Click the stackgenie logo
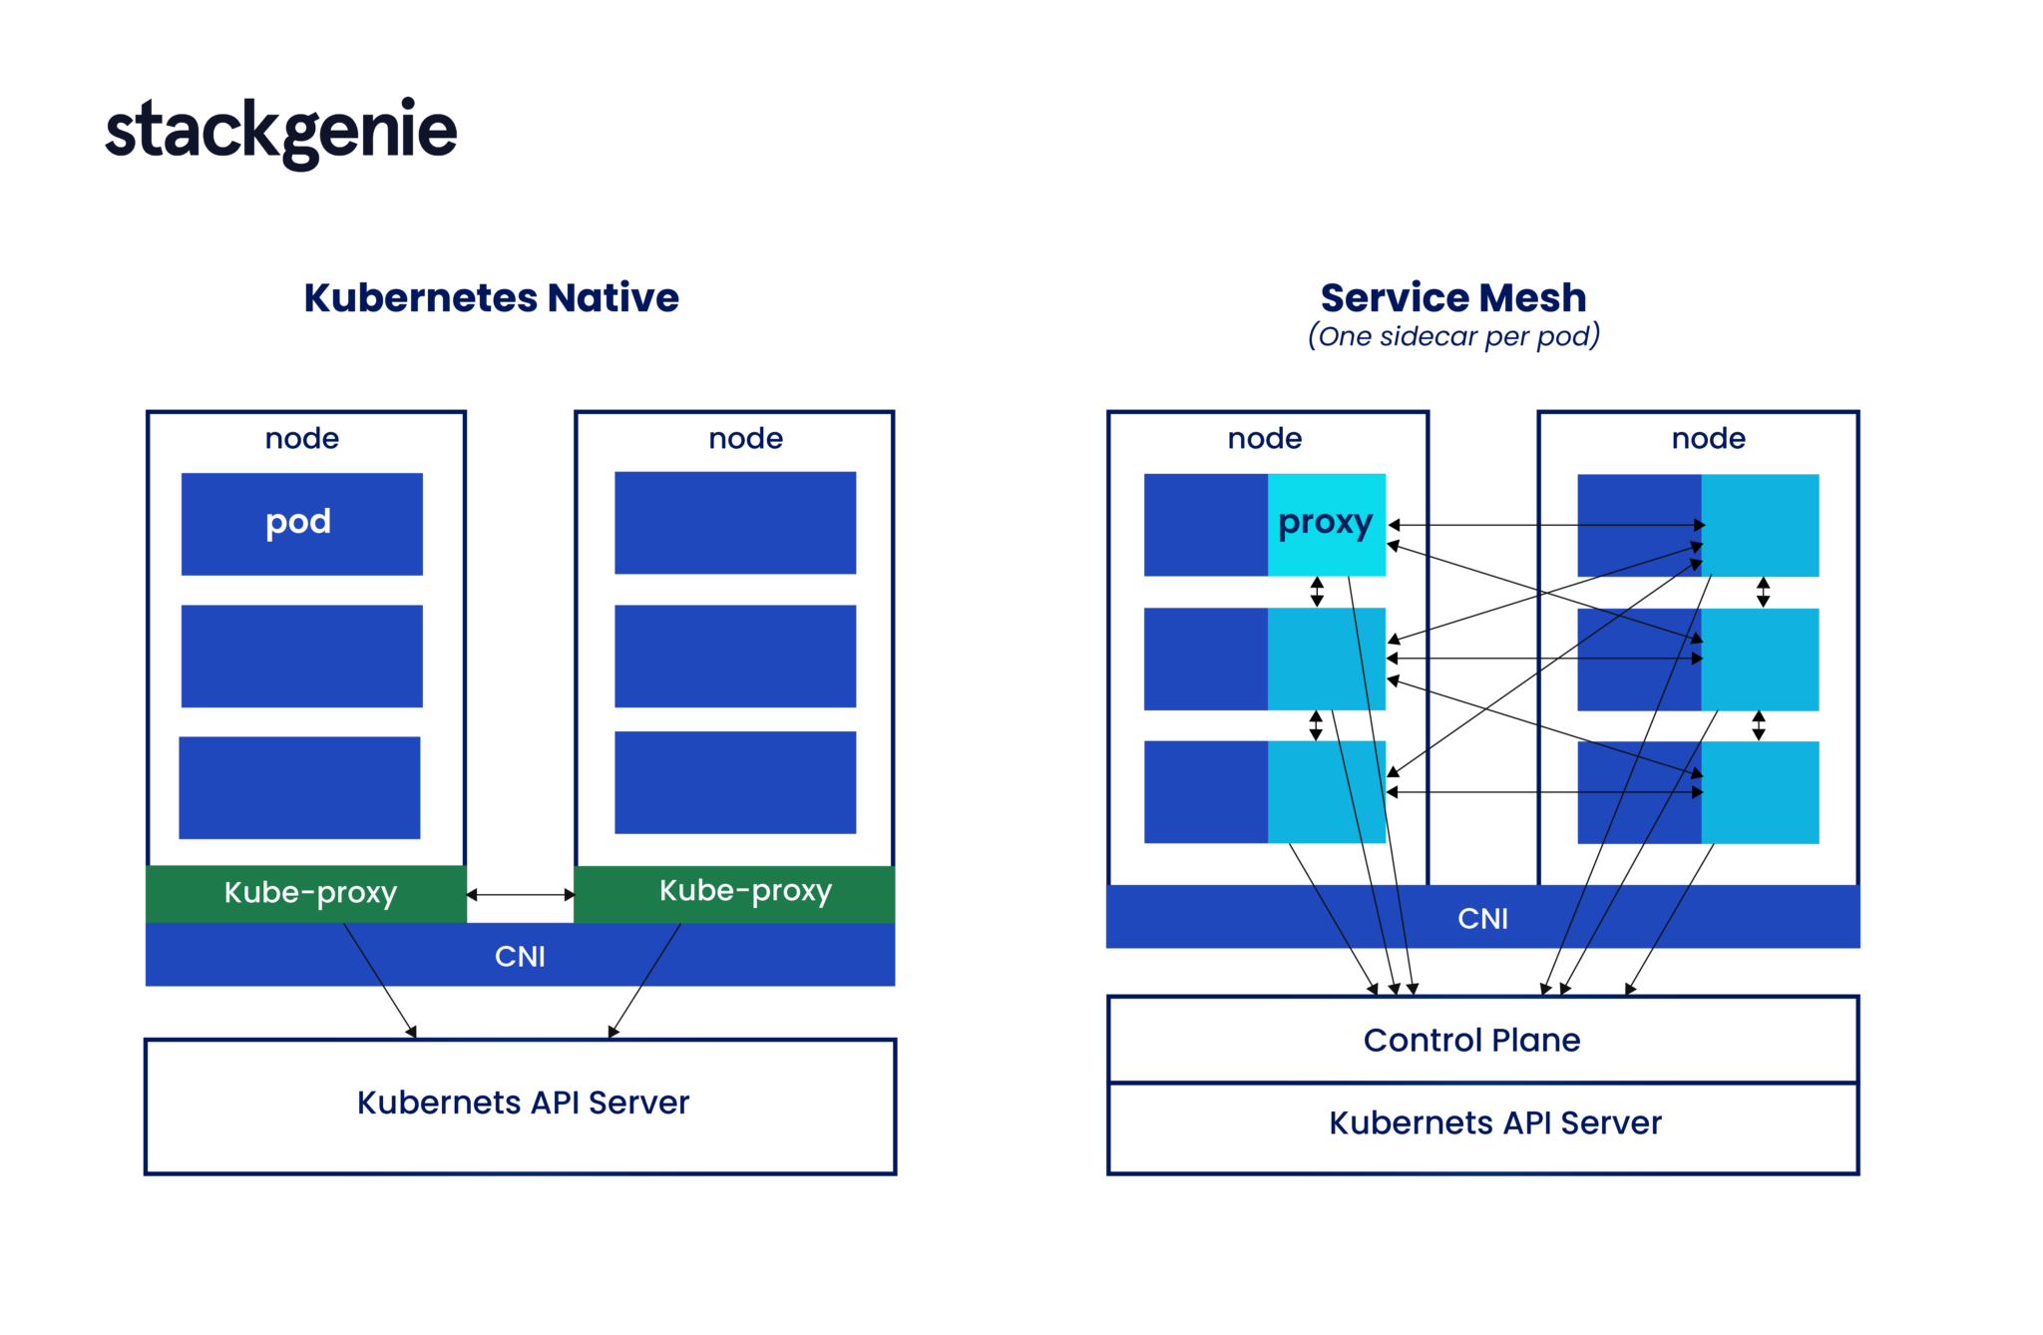280,133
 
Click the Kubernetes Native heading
491,297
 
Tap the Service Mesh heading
1452,297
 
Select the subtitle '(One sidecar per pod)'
1453,336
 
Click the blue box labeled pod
301,524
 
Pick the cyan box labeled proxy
1326,524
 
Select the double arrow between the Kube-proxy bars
520,895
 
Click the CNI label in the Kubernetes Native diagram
520,957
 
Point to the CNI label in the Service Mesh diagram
1482,919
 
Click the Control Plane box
1482,1040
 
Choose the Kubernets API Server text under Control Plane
1494,1123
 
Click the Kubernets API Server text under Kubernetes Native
523,1103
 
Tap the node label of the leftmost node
301,438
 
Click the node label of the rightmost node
1708,438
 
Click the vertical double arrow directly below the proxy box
1317,592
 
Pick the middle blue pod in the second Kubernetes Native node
735,656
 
